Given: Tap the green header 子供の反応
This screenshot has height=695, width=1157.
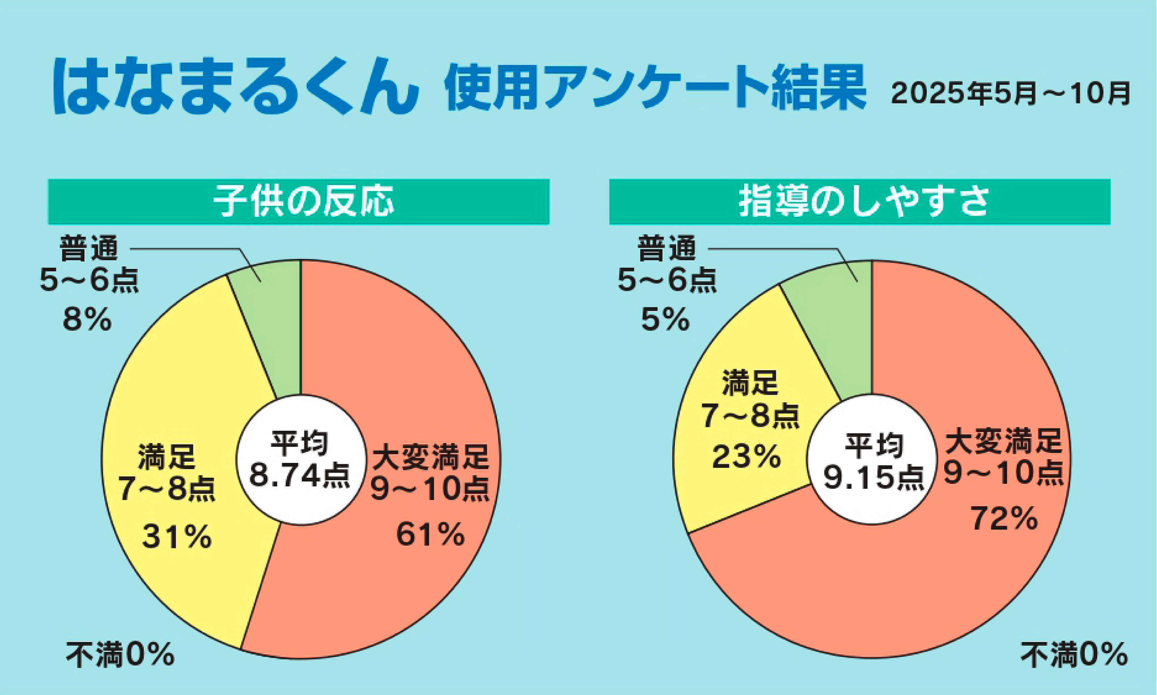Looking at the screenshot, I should coord(299,202).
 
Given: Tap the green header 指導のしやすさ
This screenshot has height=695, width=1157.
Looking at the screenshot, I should coord(860,202).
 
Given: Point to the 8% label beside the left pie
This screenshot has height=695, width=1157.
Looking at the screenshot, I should coord(87,320).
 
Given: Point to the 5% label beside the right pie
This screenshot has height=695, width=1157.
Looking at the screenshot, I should coord(665,320).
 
